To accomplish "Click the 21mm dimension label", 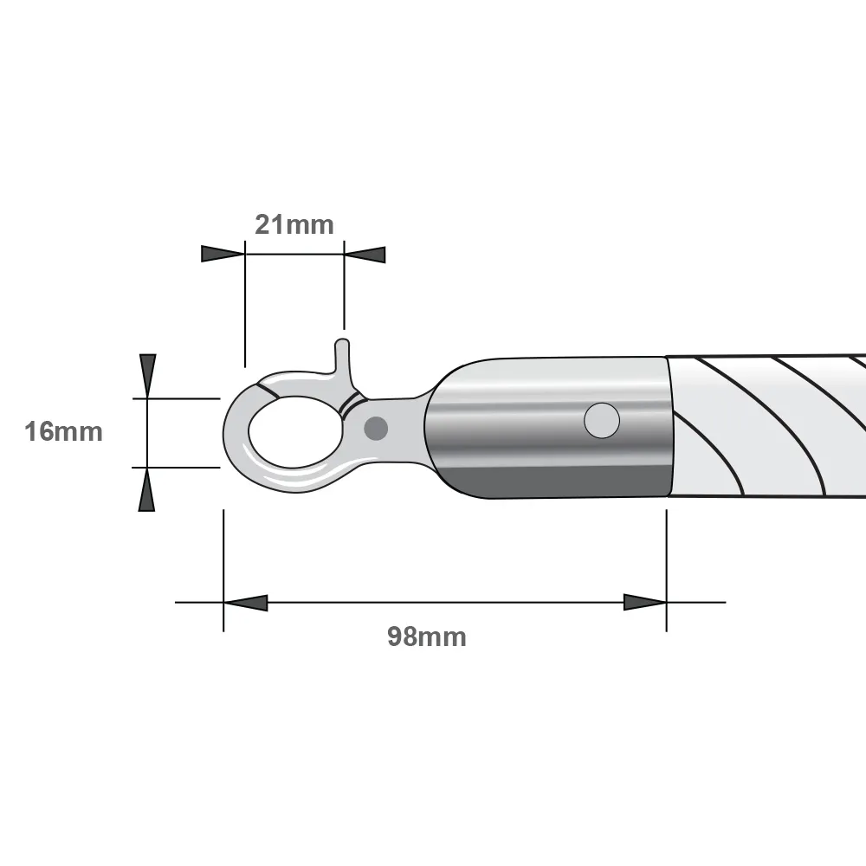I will click(294, 225).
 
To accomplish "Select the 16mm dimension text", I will click(63, 431).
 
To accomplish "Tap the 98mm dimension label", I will click(426, 637).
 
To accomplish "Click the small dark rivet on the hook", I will click(376, 427).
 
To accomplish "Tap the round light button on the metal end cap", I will click(602, 421).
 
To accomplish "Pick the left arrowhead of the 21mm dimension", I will click(223, 254).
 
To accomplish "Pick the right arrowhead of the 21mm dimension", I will click(365, 255).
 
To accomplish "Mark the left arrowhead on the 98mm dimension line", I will click(245, 602).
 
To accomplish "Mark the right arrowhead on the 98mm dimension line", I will click(645, 602).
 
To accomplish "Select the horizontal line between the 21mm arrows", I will click(294, 254).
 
